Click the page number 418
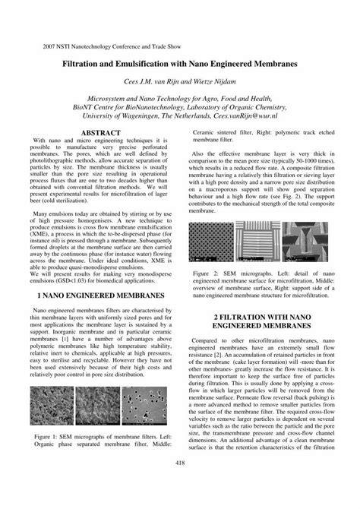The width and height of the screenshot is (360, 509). pyautogui.click(x=180, y=463)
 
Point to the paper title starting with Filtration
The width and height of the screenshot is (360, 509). pyautogui.click(x=180, y=66)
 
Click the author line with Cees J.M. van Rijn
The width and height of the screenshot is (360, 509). pyautogui.click(x=180, y=81)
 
